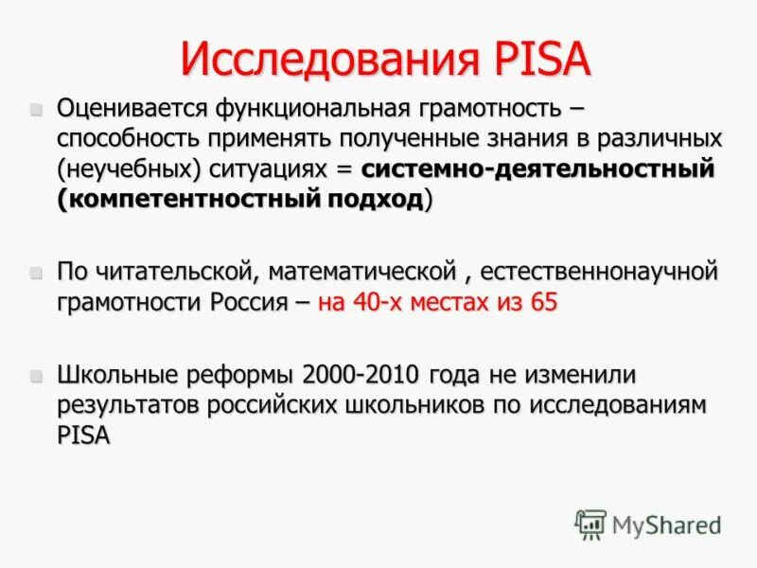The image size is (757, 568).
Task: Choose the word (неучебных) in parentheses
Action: [x=114, y=170]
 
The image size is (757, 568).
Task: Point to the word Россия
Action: [x=262, y=303]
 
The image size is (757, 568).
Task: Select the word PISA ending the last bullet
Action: [x=84, y=435]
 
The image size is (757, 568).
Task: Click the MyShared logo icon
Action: [x=590, y=524]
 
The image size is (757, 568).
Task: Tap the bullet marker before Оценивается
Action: [x=37, y=110]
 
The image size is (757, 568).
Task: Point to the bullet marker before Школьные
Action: [x=37, y=375]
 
